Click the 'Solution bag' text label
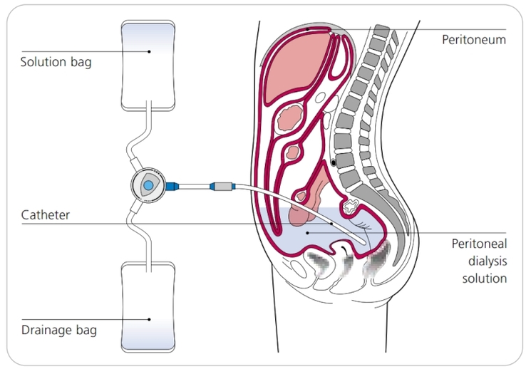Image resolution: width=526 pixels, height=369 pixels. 56,62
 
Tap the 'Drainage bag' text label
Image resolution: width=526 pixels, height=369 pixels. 58,330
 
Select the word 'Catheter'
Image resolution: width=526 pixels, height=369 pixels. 46,215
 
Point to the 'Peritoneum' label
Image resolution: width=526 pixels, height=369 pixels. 474,40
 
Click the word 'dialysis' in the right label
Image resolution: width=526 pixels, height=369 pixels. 488,261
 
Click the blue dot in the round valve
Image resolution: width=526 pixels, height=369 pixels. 148,185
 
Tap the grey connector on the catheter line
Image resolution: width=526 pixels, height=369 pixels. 223,186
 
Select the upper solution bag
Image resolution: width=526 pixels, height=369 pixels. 148,66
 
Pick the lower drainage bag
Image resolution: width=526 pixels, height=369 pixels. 148,307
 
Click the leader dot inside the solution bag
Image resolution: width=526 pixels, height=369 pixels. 149,51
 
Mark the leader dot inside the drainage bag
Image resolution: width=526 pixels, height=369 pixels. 149,319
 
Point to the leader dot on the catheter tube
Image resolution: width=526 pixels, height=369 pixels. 331,224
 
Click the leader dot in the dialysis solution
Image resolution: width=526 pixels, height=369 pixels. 308,233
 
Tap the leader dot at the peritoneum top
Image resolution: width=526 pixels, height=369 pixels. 308,29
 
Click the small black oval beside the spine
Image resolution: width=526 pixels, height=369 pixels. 334,163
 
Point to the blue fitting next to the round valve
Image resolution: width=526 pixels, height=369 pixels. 172,186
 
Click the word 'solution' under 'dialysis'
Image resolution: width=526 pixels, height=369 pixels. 485,279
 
